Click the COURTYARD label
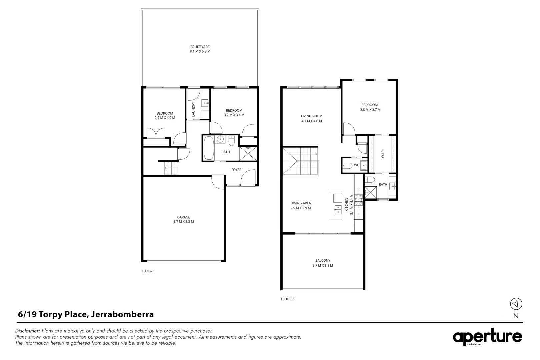pos(200,47)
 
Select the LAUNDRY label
pos(193,109)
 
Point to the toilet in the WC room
pos(348,165)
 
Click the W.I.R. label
pos(383,154)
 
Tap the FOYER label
pos(236,170)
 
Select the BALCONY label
pos(322,261)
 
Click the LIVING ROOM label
pos(312,116)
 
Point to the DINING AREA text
pos(300,203)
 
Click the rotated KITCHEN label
pos(347,204)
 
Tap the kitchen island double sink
pos(338,209)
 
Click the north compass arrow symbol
pos(516,304)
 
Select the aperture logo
pos(487,338)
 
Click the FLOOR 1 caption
pos(148,271)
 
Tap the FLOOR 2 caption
pos(287,299)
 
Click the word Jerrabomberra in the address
pos(122,314)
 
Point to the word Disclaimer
pos(28,331)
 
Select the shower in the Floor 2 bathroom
pos(370,192)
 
